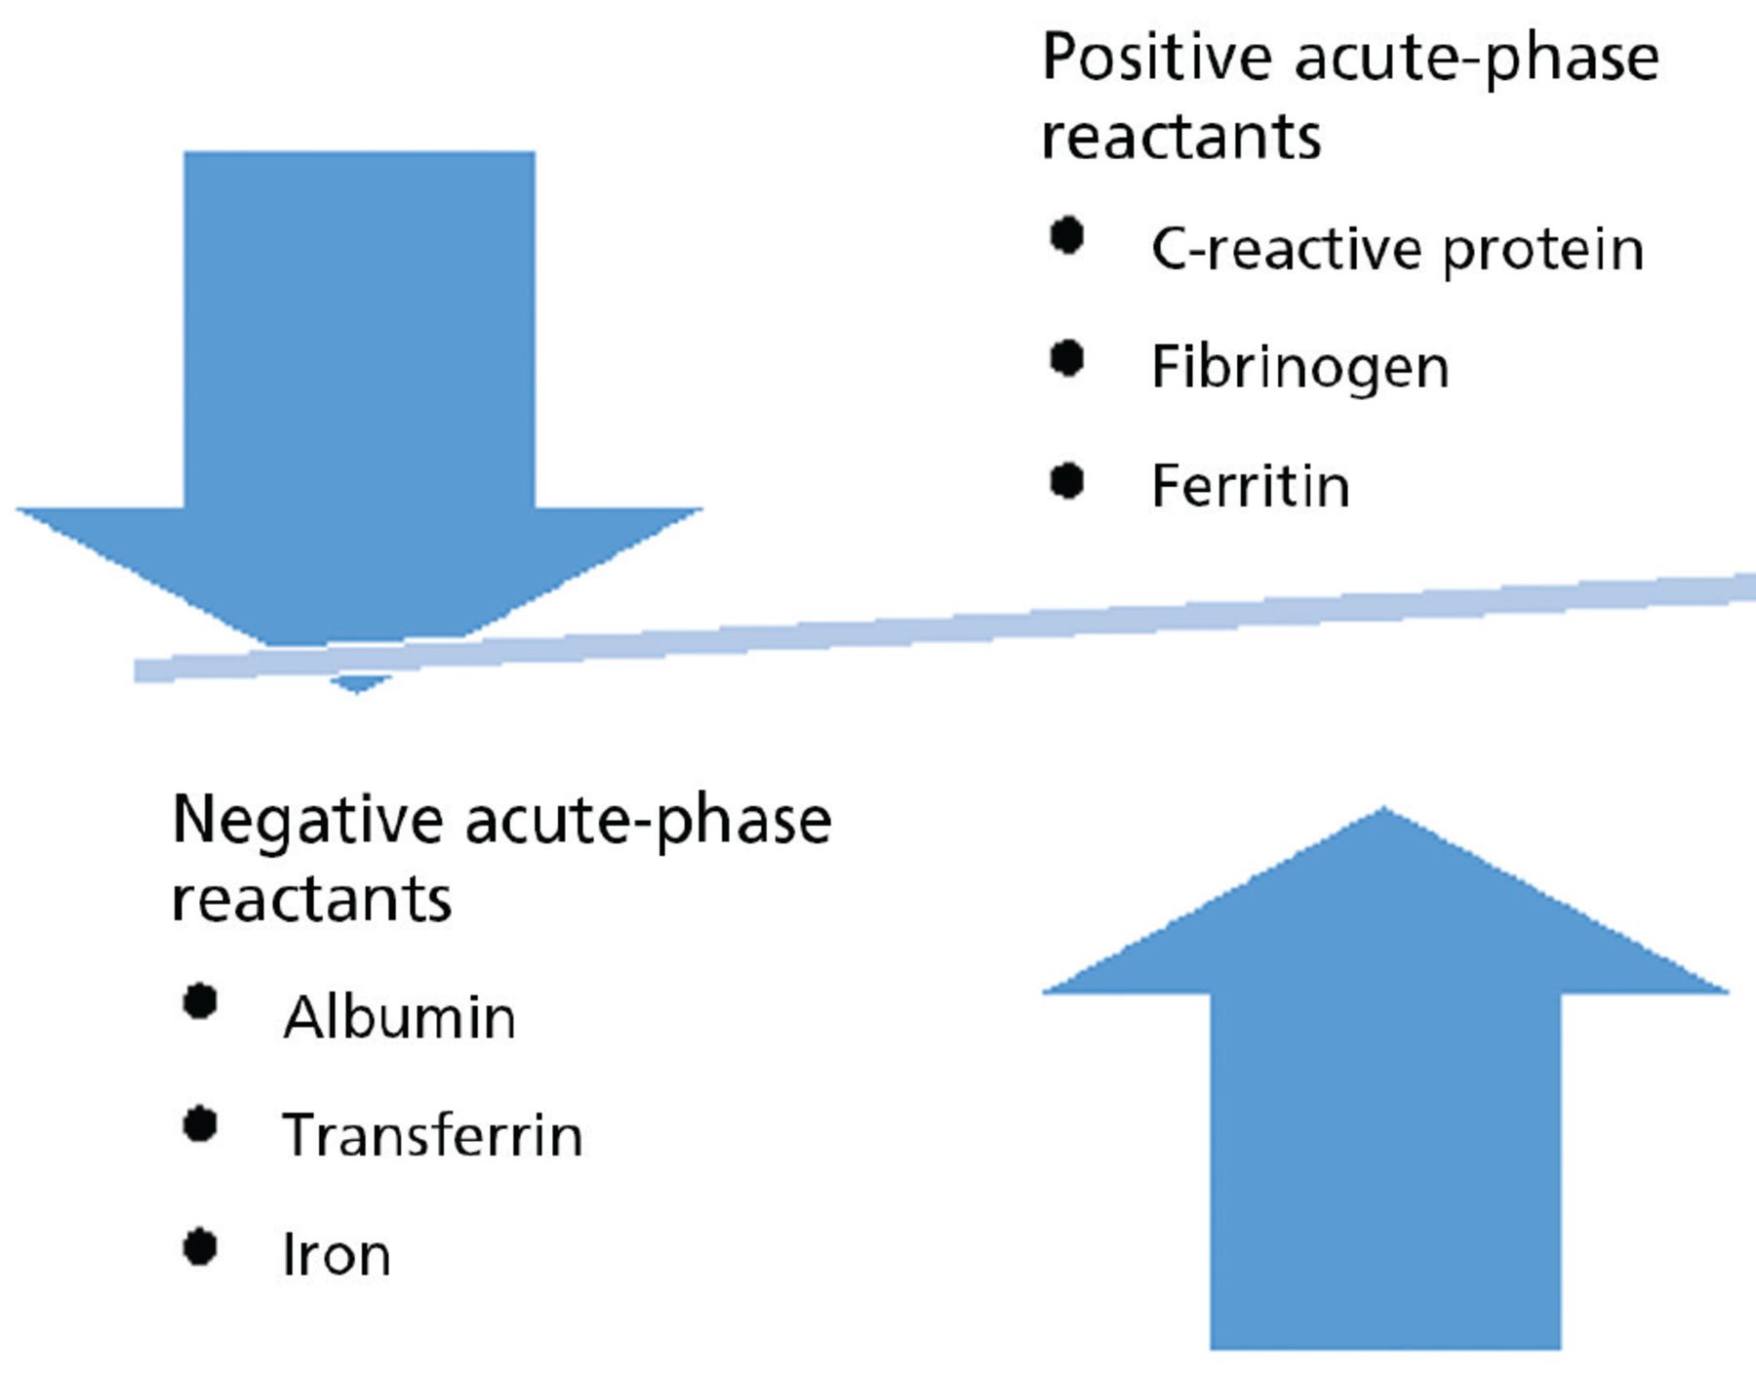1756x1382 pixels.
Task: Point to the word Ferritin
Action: pyautogui.click(x=1251, y=486)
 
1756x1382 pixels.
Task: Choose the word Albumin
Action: pyautogui.click(x=399, y=1017)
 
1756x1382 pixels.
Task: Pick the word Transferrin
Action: pyautogui.click(x=432, y=1135)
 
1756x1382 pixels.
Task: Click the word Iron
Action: pyautogui.click(x=337, y=1254)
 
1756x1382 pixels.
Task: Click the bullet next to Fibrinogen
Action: pyautogui.click(x=1067, y=358)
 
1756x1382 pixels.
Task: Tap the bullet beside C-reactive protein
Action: pyautogui.click(x=1067, y=235)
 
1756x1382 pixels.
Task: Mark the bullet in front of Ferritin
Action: pyautogui.click(x=1067, y=480)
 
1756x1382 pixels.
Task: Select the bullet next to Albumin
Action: pyautogui.click(x=200, y=1002)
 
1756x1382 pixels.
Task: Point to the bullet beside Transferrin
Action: pyautogui.click(x=200, y=1124)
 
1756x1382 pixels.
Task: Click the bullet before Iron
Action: pyautogui.click(x=200, y=1247)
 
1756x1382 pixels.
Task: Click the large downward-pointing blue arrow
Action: pyautogui.click(x=359, y=410)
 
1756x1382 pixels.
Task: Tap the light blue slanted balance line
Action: pyautogui.click(x=944, y=627)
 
